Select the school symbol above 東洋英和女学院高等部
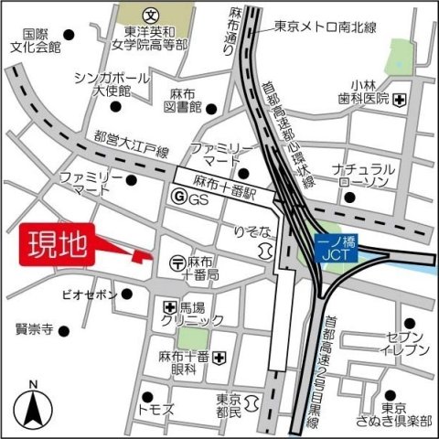tap(151, 16)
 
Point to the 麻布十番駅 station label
tap(222, 194)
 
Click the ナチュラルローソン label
tap(364, 176)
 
